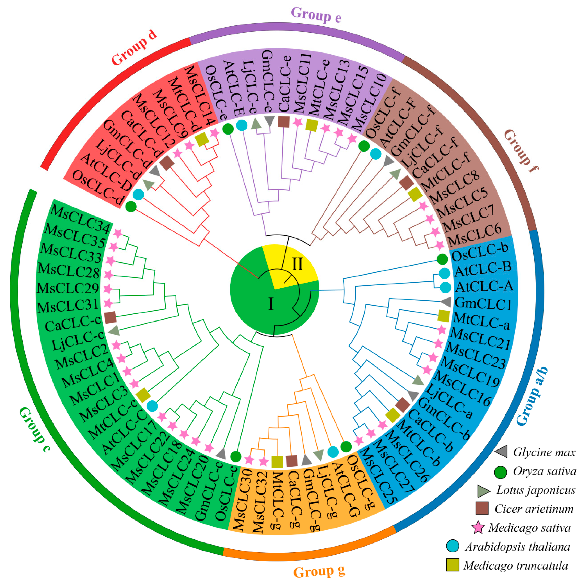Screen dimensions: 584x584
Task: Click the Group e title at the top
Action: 316,15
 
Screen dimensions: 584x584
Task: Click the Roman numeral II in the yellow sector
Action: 297,264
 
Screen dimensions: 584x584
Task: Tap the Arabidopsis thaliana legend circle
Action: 453,546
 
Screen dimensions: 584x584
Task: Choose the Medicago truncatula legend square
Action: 453,565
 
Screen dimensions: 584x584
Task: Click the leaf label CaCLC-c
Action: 73,324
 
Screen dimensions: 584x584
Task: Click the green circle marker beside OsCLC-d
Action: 131,207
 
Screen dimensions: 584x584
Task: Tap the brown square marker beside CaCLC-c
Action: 110,317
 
